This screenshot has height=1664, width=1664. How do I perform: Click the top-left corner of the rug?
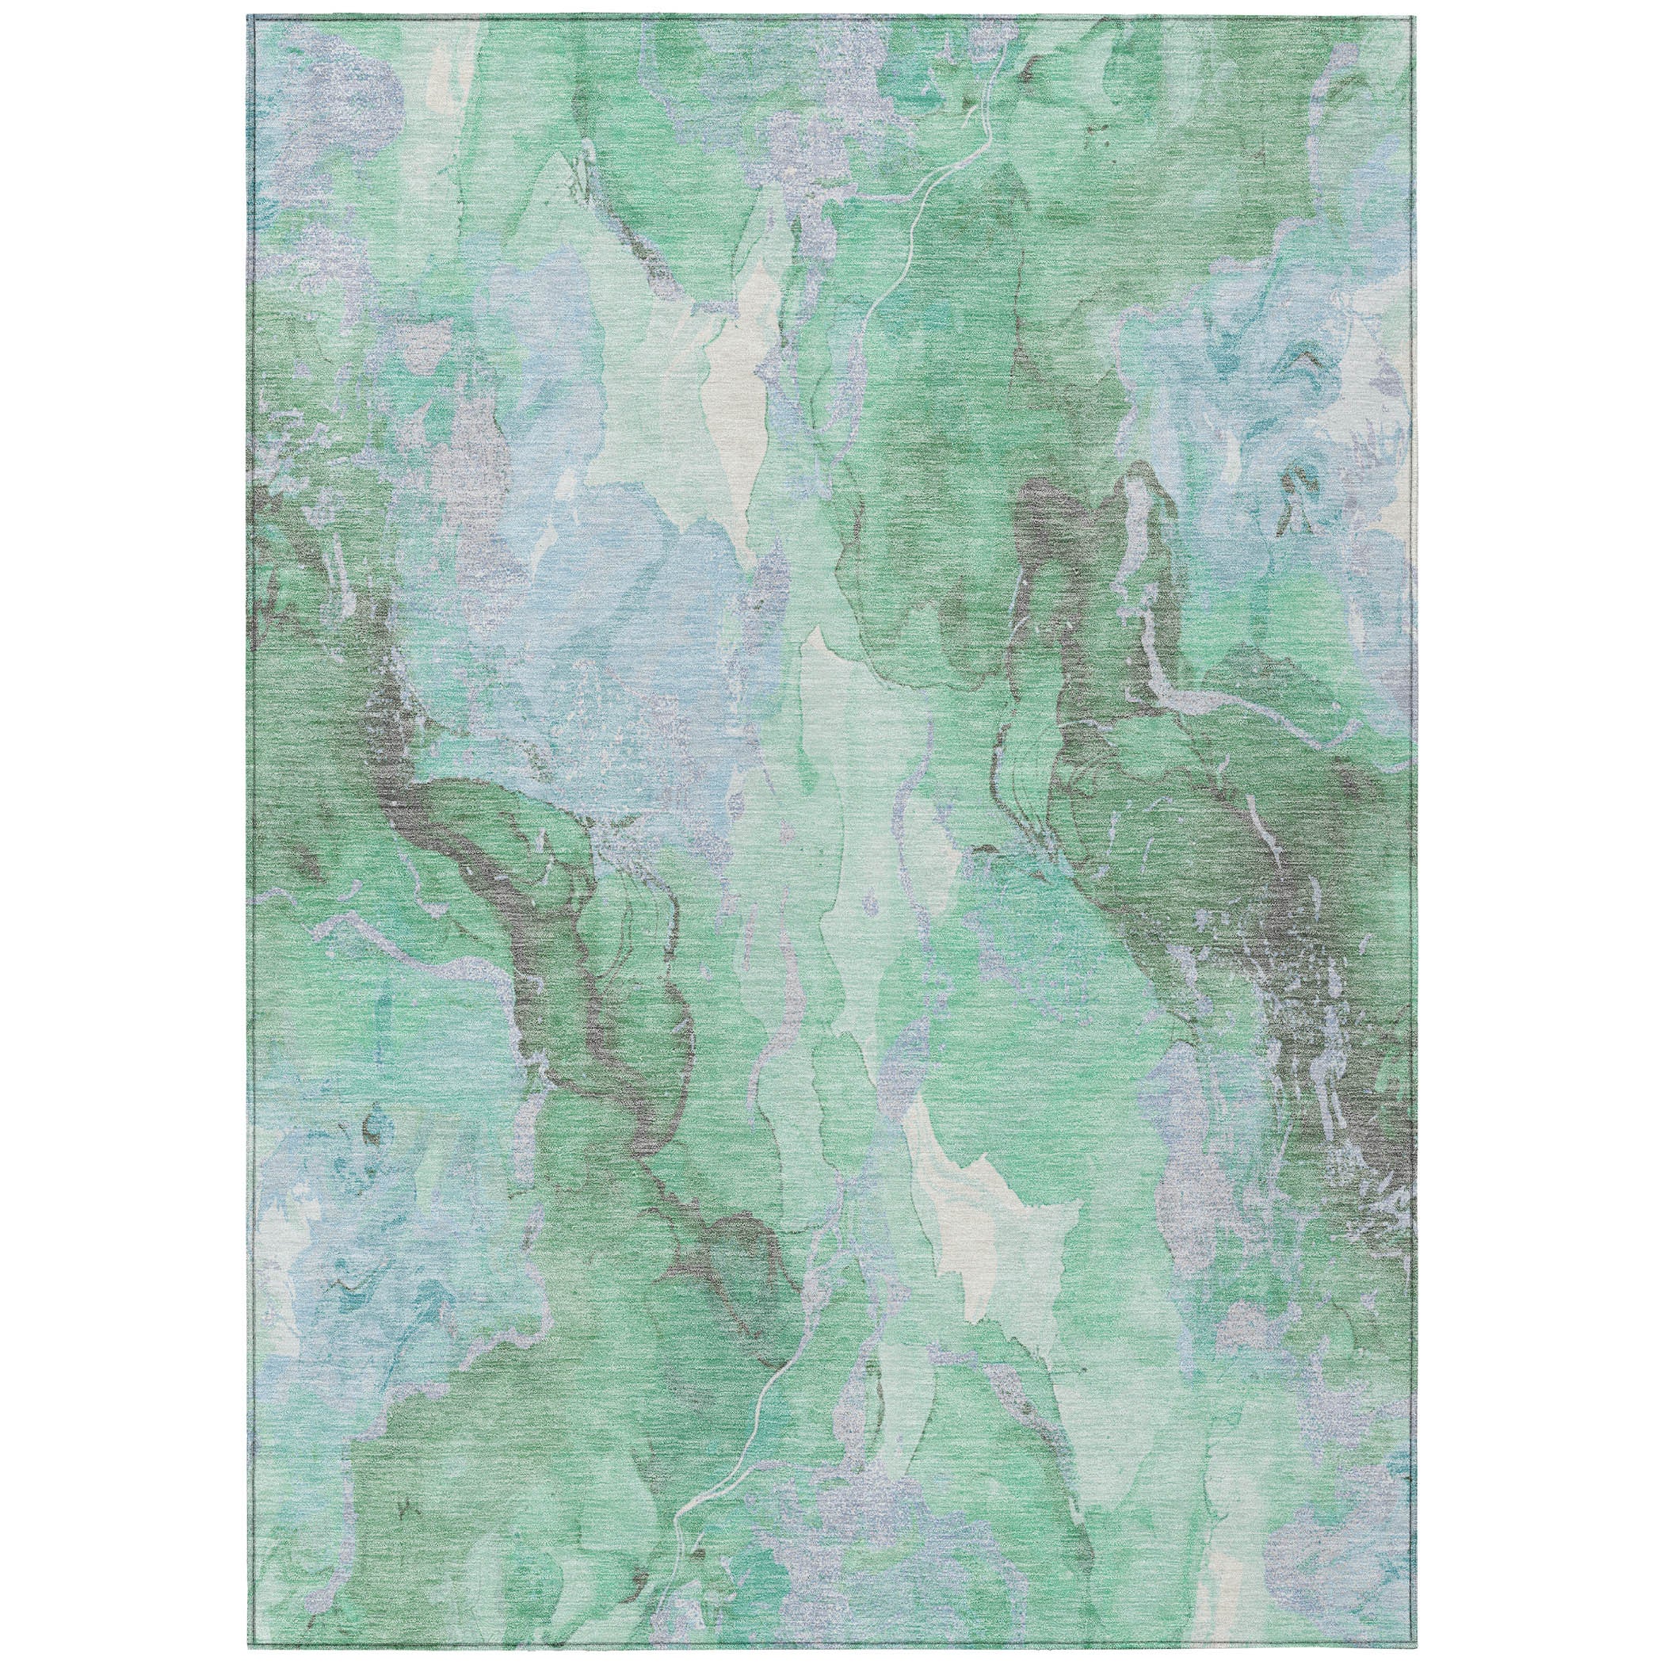[248, 17]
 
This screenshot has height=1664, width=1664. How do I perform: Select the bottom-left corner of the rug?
[248, 1646]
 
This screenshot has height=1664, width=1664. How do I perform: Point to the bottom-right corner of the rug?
[1415, 1646]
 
